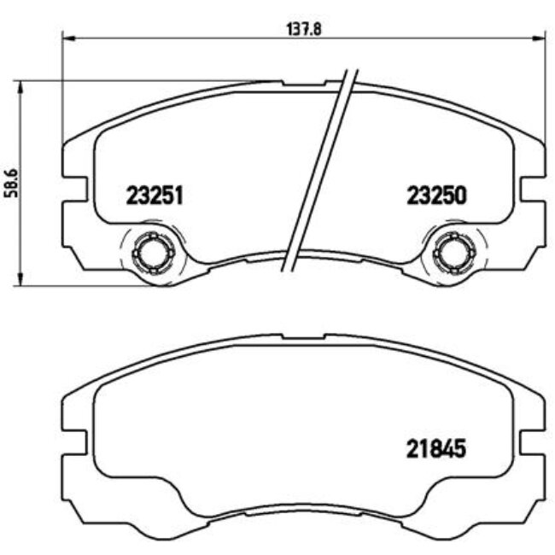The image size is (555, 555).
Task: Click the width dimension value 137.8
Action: (304, 29)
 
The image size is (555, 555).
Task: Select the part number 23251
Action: (155, 196)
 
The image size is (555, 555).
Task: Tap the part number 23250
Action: (436, 196)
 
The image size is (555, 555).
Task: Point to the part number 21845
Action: (436, 449)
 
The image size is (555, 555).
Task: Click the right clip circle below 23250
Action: (454, 253)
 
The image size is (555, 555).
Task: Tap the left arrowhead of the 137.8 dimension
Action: (69, 38)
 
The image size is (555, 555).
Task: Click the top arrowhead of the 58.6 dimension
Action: (20, 87)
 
